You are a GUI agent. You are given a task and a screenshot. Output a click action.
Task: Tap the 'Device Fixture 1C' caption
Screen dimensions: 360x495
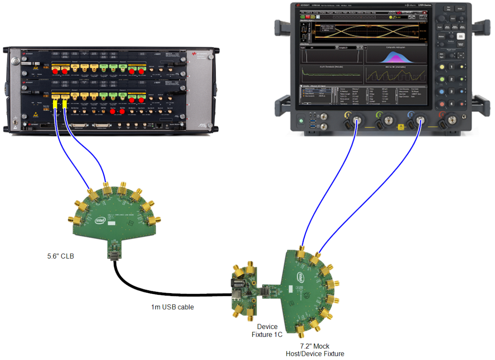(x=267, y=331)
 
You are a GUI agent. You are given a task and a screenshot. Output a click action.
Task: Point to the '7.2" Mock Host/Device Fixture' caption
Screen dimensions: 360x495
(x=315, y=350)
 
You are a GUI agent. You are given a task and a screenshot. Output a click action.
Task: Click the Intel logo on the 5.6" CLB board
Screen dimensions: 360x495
(x=99, y=219)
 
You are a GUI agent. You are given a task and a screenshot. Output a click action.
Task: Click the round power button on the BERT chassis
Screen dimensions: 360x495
(x=15, y=62)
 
